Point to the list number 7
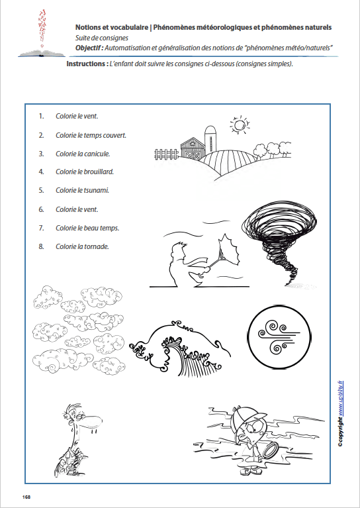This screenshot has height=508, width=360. click(41, 228)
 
